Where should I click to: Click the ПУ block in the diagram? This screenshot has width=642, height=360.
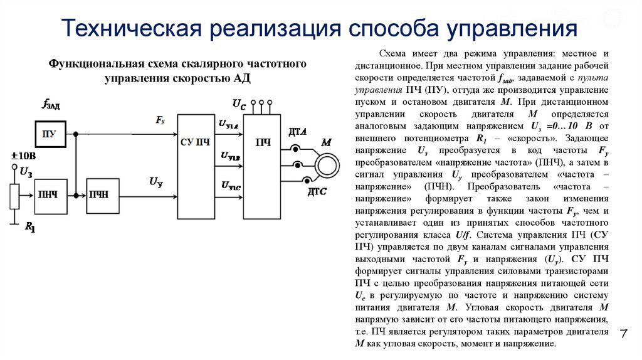[x=50, y=134]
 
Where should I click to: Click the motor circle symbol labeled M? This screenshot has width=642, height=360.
[x=325, y=165]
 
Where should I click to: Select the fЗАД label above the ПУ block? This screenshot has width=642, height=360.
[x=51, y=105]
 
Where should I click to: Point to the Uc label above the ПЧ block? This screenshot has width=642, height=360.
[x=239, y=103]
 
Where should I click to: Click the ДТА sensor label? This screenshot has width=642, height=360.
[x=297, y=132]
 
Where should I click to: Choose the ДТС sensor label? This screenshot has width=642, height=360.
[x=316, y=191]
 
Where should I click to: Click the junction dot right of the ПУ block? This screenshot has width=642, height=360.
[x=76, y=134]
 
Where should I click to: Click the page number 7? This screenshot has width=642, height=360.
[x=623, y=334]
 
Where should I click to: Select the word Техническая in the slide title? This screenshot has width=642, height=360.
[x=133, y=29]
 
